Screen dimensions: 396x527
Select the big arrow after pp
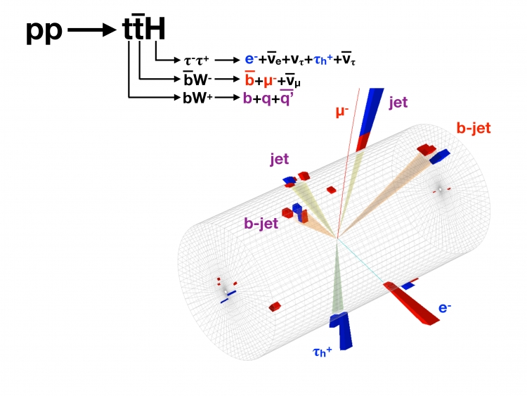point(96,30)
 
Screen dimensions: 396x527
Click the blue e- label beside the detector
point(445,307)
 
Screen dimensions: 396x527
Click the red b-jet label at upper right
point(473,129)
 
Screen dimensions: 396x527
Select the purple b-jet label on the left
point(261,224)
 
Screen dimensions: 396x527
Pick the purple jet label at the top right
point(398,103)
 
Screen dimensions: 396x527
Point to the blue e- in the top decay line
point(249,60)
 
